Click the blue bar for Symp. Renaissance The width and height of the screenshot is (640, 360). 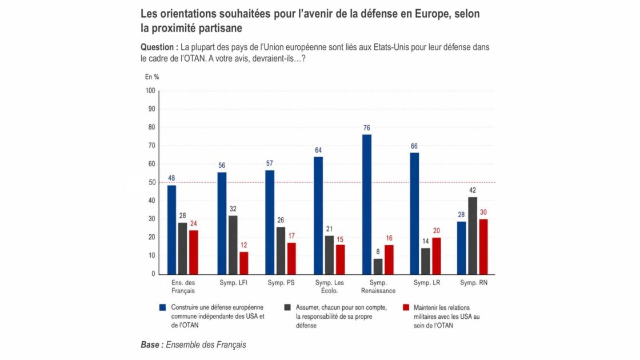[366, 205]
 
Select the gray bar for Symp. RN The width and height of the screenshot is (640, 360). [473, 235]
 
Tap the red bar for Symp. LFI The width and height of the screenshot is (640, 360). [243, 263]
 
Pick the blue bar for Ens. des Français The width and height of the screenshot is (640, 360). [172, 230]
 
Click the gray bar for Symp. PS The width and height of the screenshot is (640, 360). [281, 251]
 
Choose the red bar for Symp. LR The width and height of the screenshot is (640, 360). [437, 256]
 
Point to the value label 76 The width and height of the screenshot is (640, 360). [366, 128]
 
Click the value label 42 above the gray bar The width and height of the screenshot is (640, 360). [473, 191]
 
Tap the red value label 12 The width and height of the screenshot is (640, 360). [243, 245]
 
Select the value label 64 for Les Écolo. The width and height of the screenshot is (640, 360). [318, 151]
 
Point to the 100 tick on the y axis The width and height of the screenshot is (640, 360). [150, 91]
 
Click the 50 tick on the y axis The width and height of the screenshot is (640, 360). [152, 182]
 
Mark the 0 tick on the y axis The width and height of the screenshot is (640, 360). [154, 274]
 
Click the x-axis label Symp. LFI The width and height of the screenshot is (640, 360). [233, 282]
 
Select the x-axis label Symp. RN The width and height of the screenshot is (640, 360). [474, 282]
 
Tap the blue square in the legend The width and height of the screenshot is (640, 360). [162, 308]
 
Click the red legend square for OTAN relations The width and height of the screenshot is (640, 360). [406, 308]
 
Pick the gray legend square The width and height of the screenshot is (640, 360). [288, 308]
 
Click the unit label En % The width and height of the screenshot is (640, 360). [152, 77]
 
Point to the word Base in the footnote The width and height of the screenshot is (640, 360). [150, 345]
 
